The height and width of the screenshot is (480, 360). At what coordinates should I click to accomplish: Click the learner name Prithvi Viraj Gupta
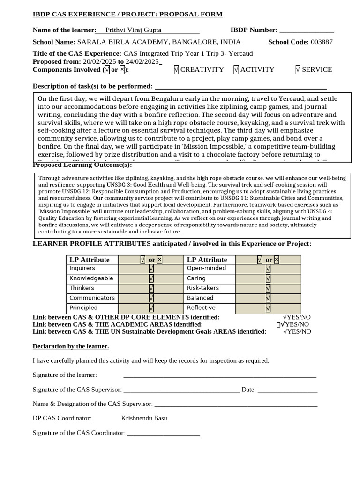click(134, 30)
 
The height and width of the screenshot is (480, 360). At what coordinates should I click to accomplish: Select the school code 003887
click(322, 42)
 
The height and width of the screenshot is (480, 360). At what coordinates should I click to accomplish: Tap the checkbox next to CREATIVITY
click(176, 69)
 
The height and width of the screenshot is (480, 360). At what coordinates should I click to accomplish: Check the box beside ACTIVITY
click(236, 69)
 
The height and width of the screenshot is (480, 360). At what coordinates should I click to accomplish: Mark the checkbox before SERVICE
click(298, 69)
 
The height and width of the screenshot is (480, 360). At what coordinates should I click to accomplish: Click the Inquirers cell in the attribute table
click(82, 268)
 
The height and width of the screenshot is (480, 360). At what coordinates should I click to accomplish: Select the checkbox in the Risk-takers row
click(268, 288)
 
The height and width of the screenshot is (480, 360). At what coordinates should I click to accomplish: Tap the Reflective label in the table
click(201, 308)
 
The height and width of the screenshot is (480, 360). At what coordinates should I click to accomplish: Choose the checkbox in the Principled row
click(151, 308)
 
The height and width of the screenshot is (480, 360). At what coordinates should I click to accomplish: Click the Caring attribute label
click(196, 278)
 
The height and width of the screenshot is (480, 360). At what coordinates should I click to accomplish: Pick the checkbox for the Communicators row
click(151, 298)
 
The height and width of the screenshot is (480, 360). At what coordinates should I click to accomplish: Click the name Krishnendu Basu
click(144, 418)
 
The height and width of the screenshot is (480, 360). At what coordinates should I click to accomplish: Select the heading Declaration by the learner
click(71, 346)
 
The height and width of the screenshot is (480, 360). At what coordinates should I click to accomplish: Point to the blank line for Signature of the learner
click(219, 375)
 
